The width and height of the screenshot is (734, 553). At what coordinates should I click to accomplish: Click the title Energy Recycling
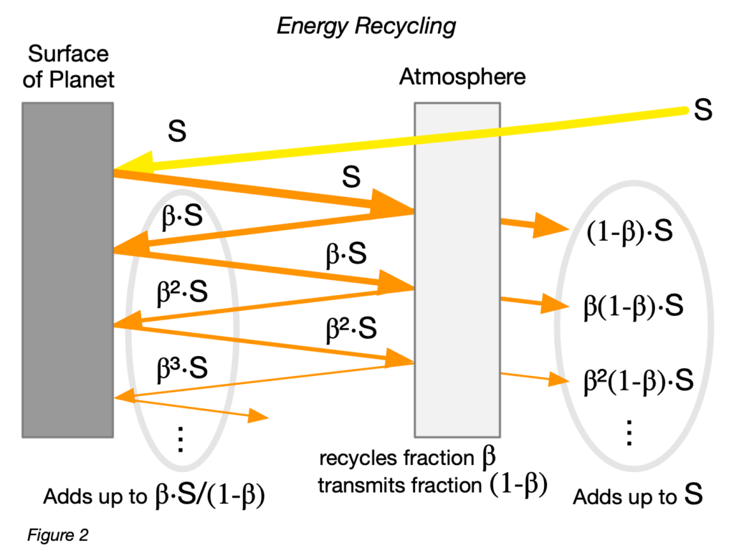click(x=366, y=27)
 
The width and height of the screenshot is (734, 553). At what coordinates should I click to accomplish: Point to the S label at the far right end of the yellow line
click(x=703, y=112)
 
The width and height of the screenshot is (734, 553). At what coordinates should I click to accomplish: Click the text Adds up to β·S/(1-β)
click(x=154, y=496)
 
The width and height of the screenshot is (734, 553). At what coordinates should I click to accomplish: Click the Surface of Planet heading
click(x=68, y=65)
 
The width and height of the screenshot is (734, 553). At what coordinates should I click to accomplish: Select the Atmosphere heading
click(x=462, y=77)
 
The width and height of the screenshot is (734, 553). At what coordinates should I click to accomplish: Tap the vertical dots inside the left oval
click(x=181, y=438)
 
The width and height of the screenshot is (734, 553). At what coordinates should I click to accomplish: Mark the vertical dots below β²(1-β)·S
click(x=629, y=432)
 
